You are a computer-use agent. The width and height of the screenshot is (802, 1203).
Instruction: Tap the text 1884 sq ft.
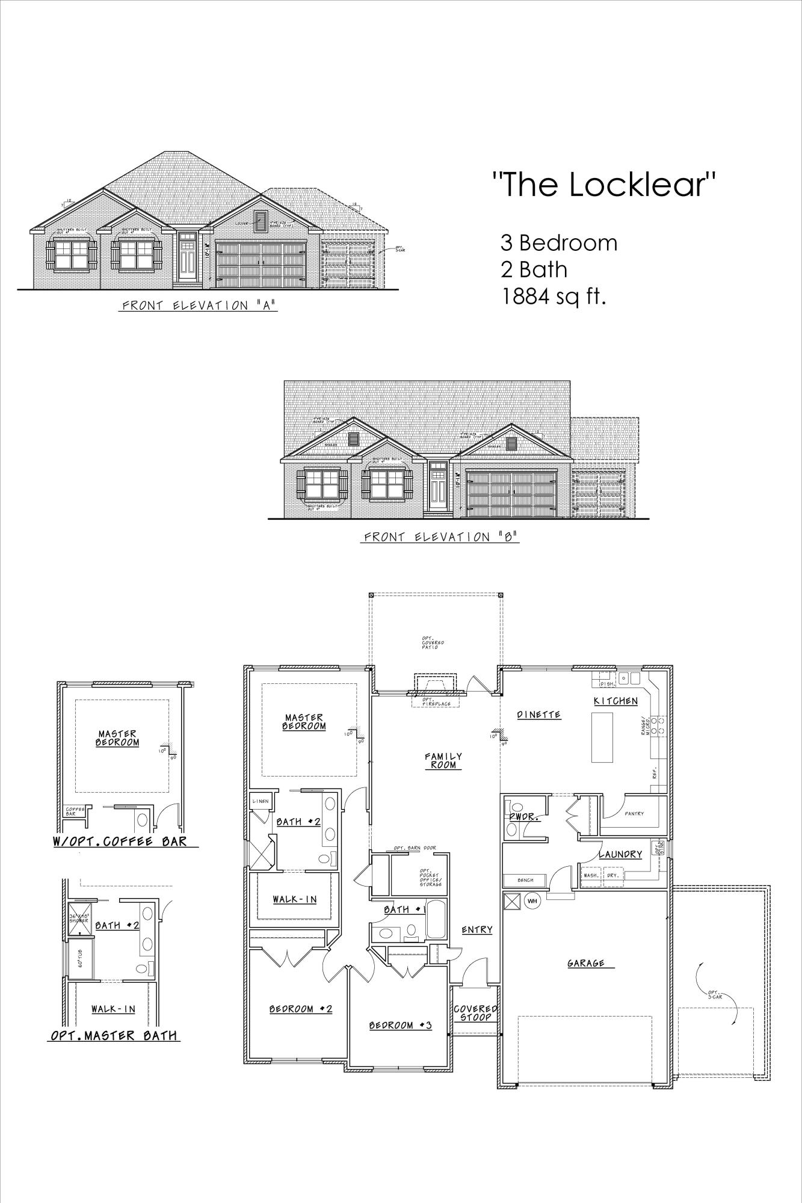tap(553, 297)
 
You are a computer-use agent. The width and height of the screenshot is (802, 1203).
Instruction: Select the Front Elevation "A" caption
tap(199, 306)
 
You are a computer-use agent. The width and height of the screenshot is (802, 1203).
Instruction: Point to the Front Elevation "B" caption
tap(441, 537)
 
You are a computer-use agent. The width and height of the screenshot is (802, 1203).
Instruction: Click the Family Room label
tap(443, 760)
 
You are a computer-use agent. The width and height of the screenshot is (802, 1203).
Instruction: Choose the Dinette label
tap(539, 715)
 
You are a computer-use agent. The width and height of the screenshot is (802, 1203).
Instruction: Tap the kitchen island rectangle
tap(603, 737)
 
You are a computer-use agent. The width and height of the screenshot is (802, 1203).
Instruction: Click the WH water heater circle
tap(532, 900)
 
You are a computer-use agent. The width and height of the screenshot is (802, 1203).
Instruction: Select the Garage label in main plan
tap(586, 963)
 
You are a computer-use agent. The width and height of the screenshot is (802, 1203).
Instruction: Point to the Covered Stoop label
tap(475, 1014)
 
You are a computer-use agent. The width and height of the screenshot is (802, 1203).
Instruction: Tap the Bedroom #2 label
tap(301, 1009)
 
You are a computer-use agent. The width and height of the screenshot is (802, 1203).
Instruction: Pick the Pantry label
tap(634, 814)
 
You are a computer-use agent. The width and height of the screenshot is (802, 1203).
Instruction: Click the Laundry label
tap(620, 854)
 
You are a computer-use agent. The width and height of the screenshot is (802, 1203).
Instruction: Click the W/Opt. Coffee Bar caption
tap(120, 841)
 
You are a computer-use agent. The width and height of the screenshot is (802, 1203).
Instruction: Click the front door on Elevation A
tap(187, 263)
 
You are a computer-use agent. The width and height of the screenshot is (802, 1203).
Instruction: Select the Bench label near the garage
tap(525, 880)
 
